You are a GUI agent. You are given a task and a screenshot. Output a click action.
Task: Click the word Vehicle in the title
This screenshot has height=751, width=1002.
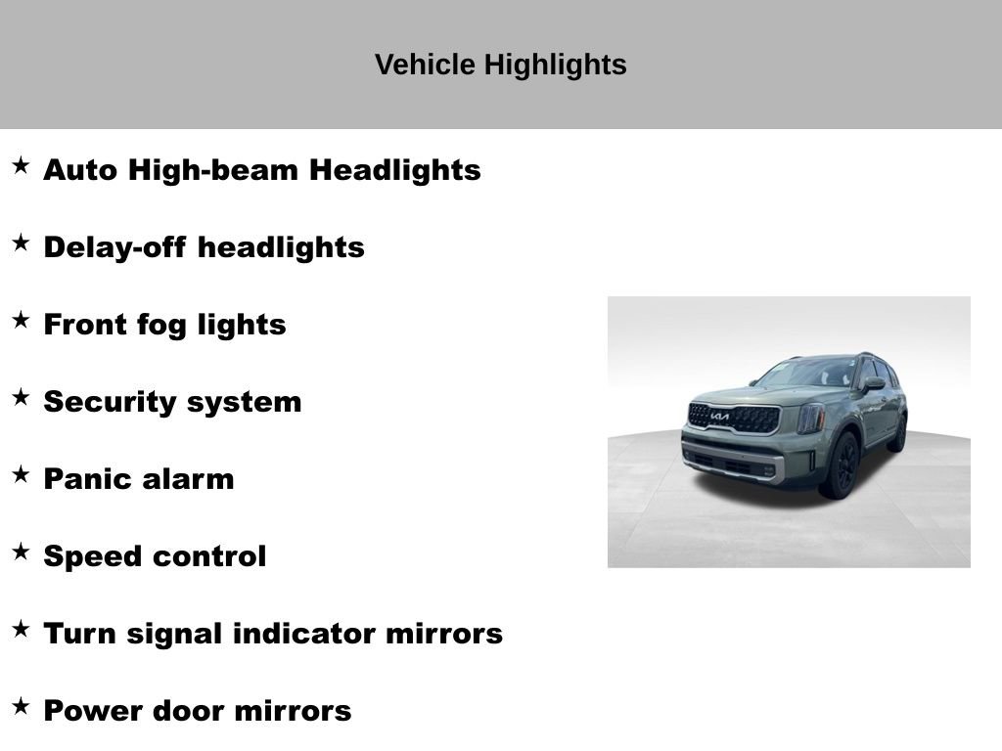click(x=425, y=65)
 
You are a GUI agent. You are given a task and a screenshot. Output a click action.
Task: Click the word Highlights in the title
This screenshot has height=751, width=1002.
click(x=556, y=66)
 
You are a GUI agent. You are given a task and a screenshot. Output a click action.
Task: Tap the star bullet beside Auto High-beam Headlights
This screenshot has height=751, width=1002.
click(x=21, y=165)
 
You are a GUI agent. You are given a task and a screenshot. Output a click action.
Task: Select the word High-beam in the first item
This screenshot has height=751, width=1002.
click(x=213, y=170)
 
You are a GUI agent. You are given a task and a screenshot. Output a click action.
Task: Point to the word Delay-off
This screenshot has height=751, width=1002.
click(x=115, y=247)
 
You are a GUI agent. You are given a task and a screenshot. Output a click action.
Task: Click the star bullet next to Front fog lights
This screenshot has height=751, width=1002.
click(x=21, y=320)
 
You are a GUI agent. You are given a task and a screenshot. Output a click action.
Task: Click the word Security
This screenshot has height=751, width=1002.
click(x=110, y=402)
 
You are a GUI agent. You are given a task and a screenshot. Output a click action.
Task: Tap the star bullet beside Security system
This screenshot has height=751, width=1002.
click(x=21, y=397)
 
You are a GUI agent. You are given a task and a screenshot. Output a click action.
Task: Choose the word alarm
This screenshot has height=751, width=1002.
click(x=187, y=479)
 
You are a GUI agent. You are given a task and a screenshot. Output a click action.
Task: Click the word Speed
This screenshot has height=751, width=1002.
click(x=93, y=556)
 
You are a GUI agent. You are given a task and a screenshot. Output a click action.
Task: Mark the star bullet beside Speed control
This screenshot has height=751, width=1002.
click(x=21, y=552)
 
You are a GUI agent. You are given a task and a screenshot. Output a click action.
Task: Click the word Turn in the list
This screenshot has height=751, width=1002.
click(x=79, y=634)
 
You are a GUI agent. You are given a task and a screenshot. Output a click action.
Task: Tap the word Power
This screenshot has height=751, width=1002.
click(x=93, y=711)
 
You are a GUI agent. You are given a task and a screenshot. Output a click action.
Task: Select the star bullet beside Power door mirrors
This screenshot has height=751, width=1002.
click(x=21, y=706)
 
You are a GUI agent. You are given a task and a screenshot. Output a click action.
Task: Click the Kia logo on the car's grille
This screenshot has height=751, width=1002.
click(x=719, y=417)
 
